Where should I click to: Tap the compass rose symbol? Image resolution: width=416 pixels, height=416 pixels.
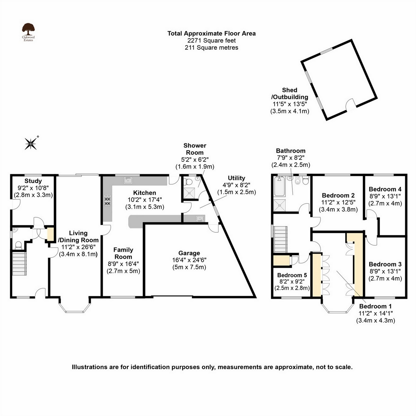pos(31,144)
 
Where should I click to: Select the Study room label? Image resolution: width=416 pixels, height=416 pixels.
pos(33,181)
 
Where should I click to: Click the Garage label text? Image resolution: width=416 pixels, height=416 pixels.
pos(189,253)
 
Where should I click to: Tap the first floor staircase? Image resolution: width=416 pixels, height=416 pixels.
pos(280,239)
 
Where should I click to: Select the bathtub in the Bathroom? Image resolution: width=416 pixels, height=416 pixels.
pos(279,187)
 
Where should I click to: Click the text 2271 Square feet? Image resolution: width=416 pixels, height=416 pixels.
pos(212,40)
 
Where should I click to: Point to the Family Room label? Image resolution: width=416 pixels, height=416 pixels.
pos(123,253)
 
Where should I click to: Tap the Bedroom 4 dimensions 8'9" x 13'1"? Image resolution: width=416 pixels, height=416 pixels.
pos(385,196)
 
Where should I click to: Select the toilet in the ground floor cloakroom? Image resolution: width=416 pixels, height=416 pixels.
pos(18,245)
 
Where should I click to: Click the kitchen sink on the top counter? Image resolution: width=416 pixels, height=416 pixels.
pos(128,180)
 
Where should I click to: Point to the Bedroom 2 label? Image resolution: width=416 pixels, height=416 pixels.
pos(338,195)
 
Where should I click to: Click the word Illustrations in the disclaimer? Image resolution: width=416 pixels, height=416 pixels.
pos(90,367)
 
